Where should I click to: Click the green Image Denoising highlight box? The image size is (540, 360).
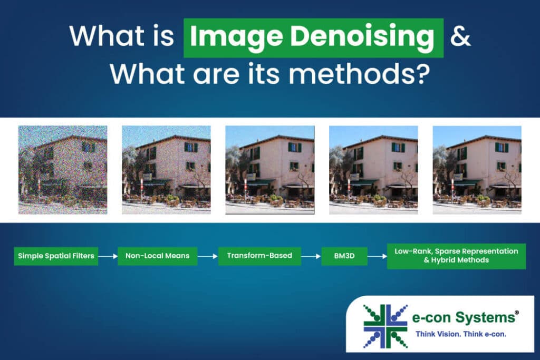point(313,38)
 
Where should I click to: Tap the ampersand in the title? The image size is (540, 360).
point(460,36)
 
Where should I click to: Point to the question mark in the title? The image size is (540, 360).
point(422,73)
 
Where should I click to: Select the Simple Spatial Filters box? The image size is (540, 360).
point(56,256)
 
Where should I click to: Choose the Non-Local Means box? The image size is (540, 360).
point(157,256)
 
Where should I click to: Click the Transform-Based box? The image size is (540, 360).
point(259,256)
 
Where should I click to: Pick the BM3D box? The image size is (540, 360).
point(344,256)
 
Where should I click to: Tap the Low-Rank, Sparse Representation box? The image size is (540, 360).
point(456,256)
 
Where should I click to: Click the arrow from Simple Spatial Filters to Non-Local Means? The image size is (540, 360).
point(108,256)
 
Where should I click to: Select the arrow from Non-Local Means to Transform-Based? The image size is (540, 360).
point(208,256)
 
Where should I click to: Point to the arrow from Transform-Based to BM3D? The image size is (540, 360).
point(311,256)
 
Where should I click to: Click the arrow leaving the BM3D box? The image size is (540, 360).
point(377,256)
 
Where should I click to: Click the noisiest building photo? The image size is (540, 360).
point(63,170)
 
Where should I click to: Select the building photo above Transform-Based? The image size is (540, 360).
point(270,170)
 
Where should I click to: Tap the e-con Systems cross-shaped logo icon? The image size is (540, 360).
point(385,326)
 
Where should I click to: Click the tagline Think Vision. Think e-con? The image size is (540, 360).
point(461,334)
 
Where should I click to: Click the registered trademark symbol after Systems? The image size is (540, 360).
point(517,312)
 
